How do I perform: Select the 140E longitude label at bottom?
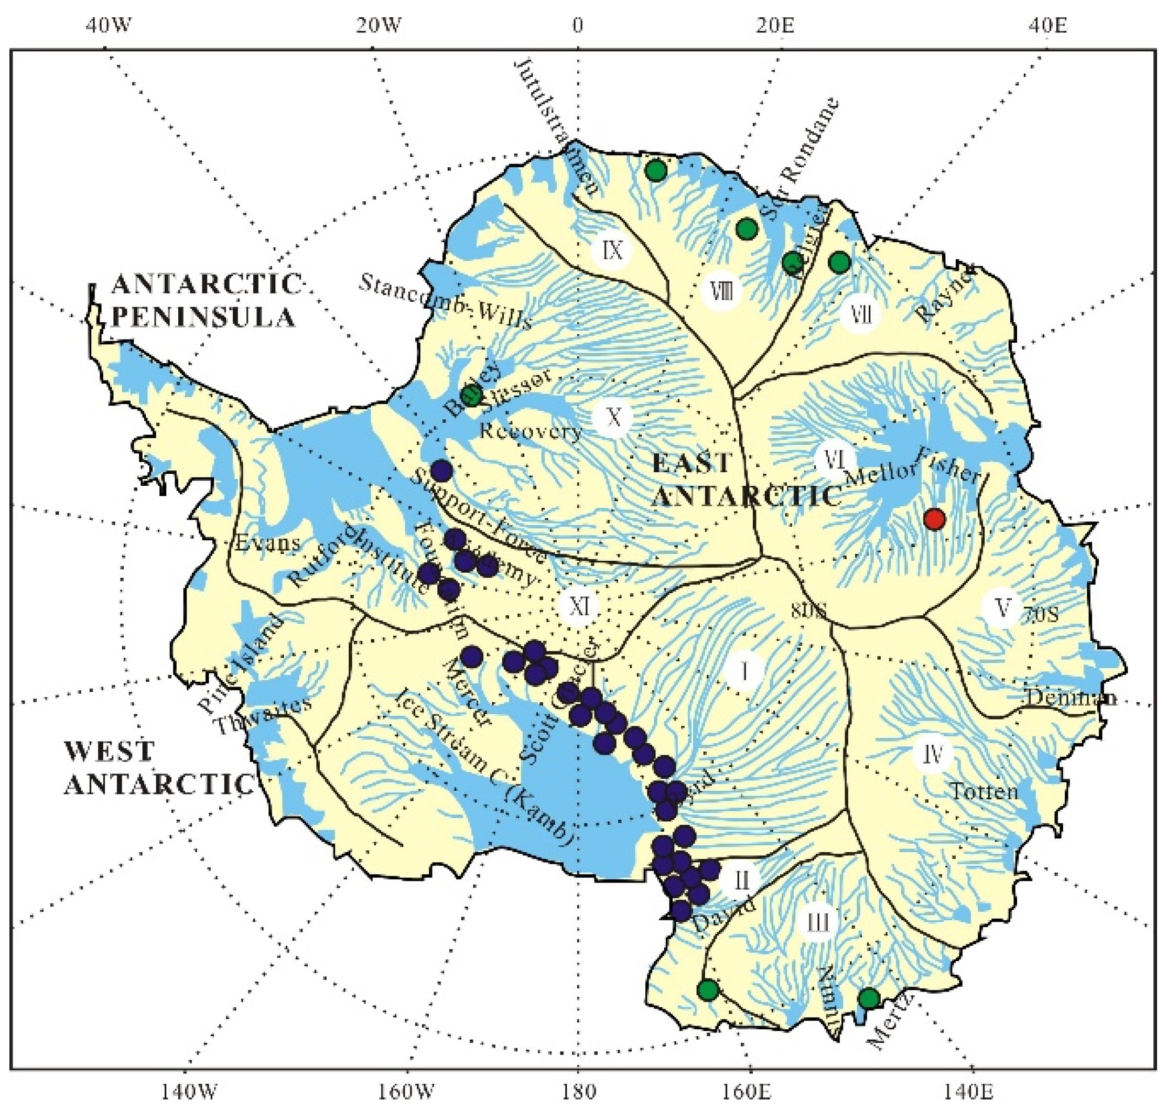(x=971, y=1091)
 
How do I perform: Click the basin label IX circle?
(x=612, y=250)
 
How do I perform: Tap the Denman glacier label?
(x=1072, y=697)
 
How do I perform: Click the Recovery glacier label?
(x=531, y=431)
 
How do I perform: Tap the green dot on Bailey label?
(x=472, y=396)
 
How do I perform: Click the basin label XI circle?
(x=579, y=606)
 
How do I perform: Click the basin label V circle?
(x=1002, y=607)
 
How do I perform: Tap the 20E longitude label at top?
(x=775, y=25)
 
